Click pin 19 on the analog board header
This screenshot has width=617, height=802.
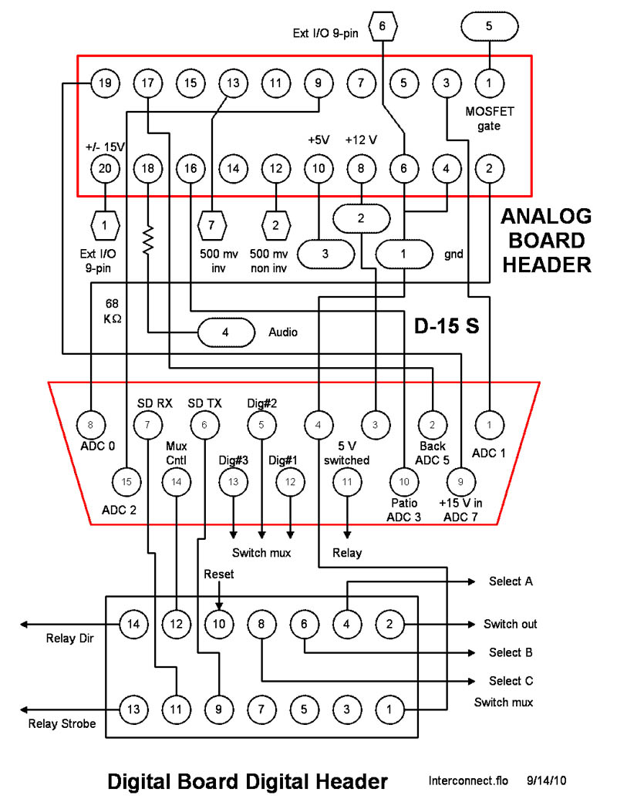coord(106,82)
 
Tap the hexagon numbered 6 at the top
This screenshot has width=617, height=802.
coord(383,27)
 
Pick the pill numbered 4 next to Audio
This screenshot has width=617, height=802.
coord(225,332)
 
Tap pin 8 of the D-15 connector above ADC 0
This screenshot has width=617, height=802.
coord(91,423)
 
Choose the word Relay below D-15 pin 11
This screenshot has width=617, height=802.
coord(346,553)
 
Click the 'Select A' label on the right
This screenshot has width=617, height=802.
coord(511,581)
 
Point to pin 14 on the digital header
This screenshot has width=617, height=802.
coord(134,624)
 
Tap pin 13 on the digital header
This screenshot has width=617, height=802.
coord(134,709)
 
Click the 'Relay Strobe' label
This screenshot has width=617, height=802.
coord(62,723)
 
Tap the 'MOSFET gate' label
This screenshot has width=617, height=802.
coord(489,118)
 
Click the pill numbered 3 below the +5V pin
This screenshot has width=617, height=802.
coord(325,252)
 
